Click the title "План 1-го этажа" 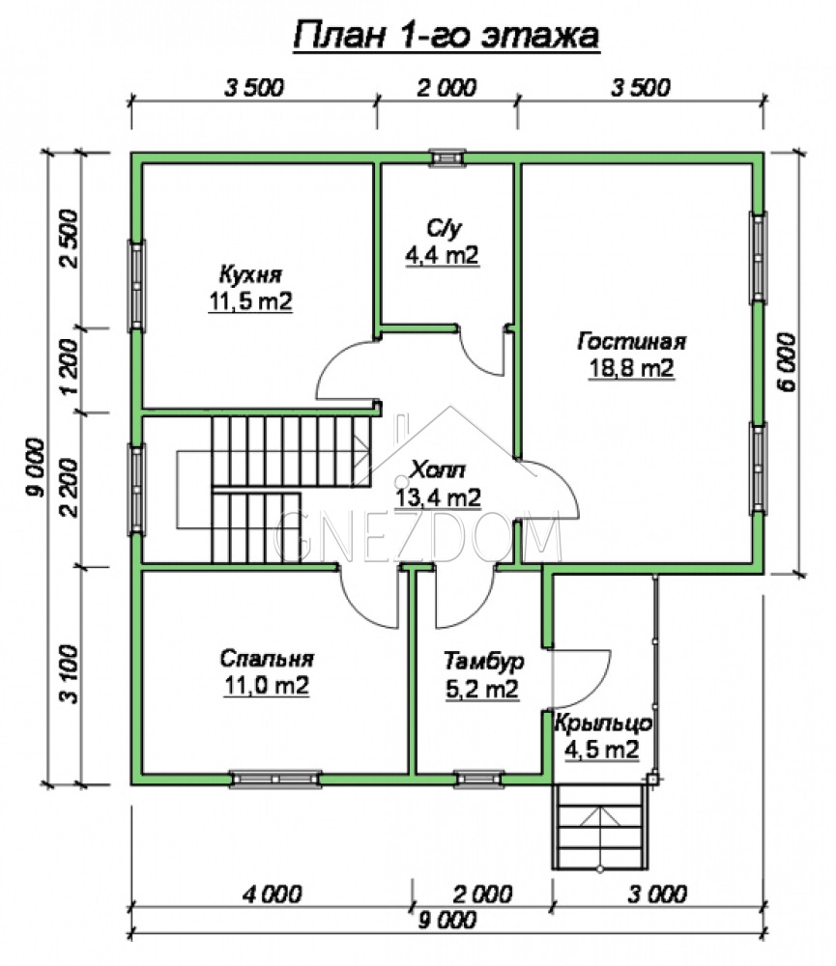click(446, 36)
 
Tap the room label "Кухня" click(250, 274)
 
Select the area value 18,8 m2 click(631, 368)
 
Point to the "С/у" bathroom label click(443, 229)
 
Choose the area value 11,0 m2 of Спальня click(266, 685)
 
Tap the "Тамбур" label click(484, 661)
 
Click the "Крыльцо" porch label click(603, 723)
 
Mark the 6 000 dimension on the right click(787, 361)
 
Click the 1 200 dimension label click(71, 367)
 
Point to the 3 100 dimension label click(71, 674)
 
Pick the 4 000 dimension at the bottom click(272, 894)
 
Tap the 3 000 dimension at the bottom click(657, 894)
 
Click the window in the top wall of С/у click(447, 157)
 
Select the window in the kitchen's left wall click(136, 286)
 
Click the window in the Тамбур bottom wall click(479, 779)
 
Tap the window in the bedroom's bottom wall click(275, 779)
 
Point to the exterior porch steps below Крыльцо click(600, 827)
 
